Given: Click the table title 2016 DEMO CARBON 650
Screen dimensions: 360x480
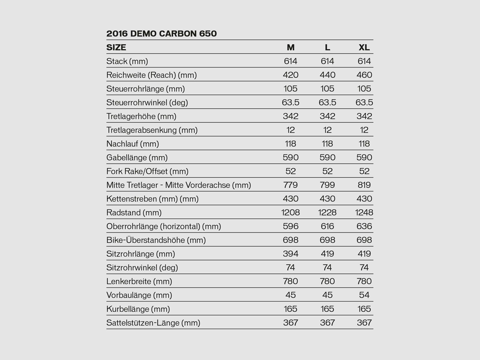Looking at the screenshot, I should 161,34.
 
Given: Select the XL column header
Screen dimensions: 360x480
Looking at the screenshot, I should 364,47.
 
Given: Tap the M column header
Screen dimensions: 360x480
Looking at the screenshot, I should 290,47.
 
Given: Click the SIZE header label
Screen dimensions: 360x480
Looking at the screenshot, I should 116,47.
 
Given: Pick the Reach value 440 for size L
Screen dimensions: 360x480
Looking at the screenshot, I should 327,75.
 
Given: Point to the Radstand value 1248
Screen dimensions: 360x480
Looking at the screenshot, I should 364,213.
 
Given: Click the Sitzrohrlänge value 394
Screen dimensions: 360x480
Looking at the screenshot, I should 290,254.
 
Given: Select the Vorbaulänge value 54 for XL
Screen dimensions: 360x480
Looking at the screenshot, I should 364,295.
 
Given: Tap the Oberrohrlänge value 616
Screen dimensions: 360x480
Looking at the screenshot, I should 327,226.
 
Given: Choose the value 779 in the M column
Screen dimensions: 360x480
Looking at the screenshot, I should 290,185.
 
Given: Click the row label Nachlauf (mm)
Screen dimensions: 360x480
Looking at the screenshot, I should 133,144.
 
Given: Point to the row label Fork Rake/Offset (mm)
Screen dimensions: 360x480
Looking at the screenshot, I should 147,171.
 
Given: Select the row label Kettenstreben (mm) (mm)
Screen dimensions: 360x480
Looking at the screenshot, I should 152,199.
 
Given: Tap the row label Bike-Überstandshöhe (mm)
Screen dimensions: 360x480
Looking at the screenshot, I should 156,240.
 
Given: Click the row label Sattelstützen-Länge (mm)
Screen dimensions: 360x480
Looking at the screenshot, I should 153,323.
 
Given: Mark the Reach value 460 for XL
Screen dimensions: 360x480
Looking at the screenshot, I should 364,75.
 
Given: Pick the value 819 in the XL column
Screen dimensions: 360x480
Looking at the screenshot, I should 364,185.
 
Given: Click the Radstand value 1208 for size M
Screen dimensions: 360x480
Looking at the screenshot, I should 290,213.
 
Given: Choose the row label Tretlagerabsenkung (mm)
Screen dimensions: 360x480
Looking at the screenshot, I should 152,130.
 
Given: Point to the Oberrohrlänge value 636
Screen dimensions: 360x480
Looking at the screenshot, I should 364,226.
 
